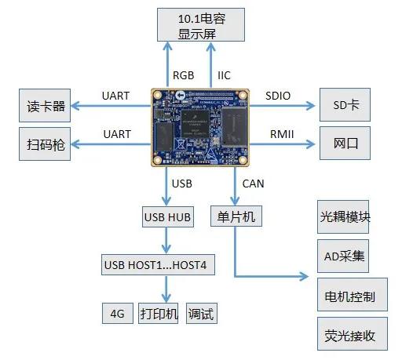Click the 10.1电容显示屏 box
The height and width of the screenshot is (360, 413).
point(201,25)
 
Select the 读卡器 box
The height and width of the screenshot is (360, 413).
point(45,106)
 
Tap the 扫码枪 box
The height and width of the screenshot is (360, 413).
point(45,144)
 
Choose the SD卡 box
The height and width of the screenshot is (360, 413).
point(345,105)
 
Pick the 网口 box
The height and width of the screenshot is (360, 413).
point(345,144)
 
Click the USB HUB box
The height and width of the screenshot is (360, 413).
point(168,216)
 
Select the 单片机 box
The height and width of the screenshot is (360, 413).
point(236,216)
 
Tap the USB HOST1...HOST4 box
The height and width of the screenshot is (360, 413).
point(158,265)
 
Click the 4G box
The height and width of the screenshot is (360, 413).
point(118,313)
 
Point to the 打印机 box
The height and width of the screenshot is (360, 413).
point(159,313)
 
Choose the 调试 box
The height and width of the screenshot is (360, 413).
point(202,313)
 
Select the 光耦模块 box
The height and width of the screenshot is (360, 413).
point(343,216)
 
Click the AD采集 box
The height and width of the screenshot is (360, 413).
point(343,256)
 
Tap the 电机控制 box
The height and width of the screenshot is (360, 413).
point(353,294)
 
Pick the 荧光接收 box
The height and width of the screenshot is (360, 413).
point(353,333)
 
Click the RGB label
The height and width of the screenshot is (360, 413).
point(183,75)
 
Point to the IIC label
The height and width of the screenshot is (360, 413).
point(224,75)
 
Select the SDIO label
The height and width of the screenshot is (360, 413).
point(278,96)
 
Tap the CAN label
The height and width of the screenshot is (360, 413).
point(253,184)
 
